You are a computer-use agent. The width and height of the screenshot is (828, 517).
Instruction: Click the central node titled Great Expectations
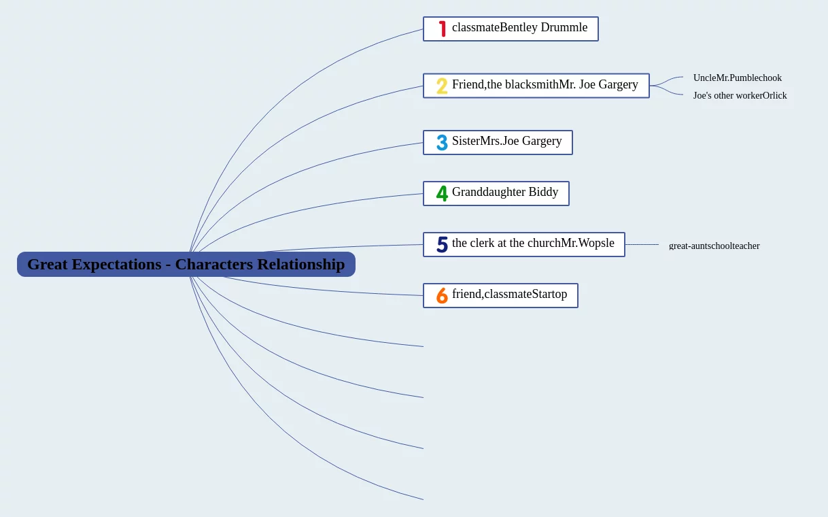pos(186,264)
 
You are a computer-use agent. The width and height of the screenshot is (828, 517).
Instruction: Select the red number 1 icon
pos(442,29)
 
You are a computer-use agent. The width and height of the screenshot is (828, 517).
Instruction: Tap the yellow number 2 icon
pos(442,86)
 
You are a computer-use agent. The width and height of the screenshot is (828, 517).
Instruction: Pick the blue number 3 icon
pos(442,143)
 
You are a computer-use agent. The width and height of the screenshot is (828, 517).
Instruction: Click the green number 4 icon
pos(442,194)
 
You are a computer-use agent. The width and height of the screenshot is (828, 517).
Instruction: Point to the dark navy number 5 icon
pos(442,245)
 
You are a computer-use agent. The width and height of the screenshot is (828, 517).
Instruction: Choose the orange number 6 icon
pos(442,296)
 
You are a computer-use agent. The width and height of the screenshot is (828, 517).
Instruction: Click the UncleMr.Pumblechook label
pos(737,78)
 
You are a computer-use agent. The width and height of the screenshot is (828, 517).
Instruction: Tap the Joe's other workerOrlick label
pos(740,95)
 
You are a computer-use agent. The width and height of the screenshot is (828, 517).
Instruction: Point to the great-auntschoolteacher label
pos(714,246)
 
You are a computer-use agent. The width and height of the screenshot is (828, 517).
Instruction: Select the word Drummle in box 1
pos(564,28)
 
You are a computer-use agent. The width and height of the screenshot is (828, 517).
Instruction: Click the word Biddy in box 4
pos(543,193)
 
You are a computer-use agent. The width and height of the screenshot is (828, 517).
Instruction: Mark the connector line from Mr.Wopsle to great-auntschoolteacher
pos(642,244)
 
